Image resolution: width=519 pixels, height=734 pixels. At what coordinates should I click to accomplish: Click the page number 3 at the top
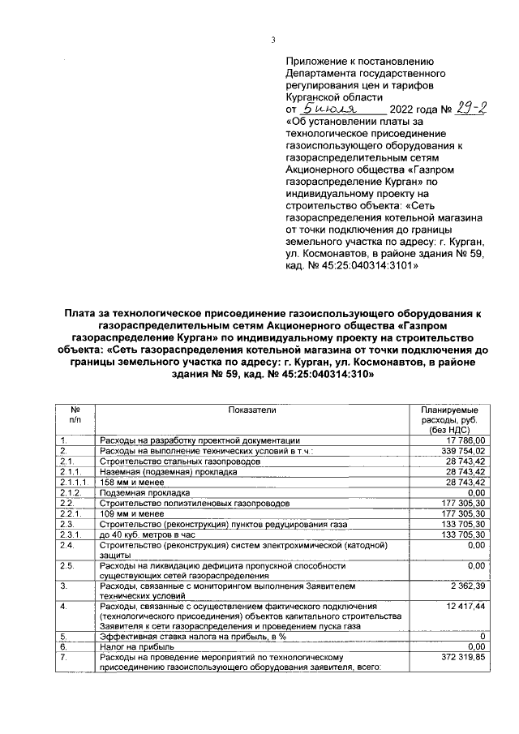pos(273,41)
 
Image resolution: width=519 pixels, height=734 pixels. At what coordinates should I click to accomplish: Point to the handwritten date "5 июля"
pos(329,106)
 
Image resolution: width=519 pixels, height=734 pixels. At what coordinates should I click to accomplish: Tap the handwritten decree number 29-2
pos(465,106)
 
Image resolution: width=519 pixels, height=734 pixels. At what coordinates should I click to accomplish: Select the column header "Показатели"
pos(252,411)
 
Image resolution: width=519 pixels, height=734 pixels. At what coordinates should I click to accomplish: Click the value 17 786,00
pos(464,440)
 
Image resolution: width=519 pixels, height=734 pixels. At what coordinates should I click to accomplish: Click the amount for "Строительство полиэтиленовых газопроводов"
pos(461,503)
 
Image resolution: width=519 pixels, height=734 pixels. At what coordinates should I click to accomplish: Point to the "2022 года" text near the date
pos(414,109)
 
